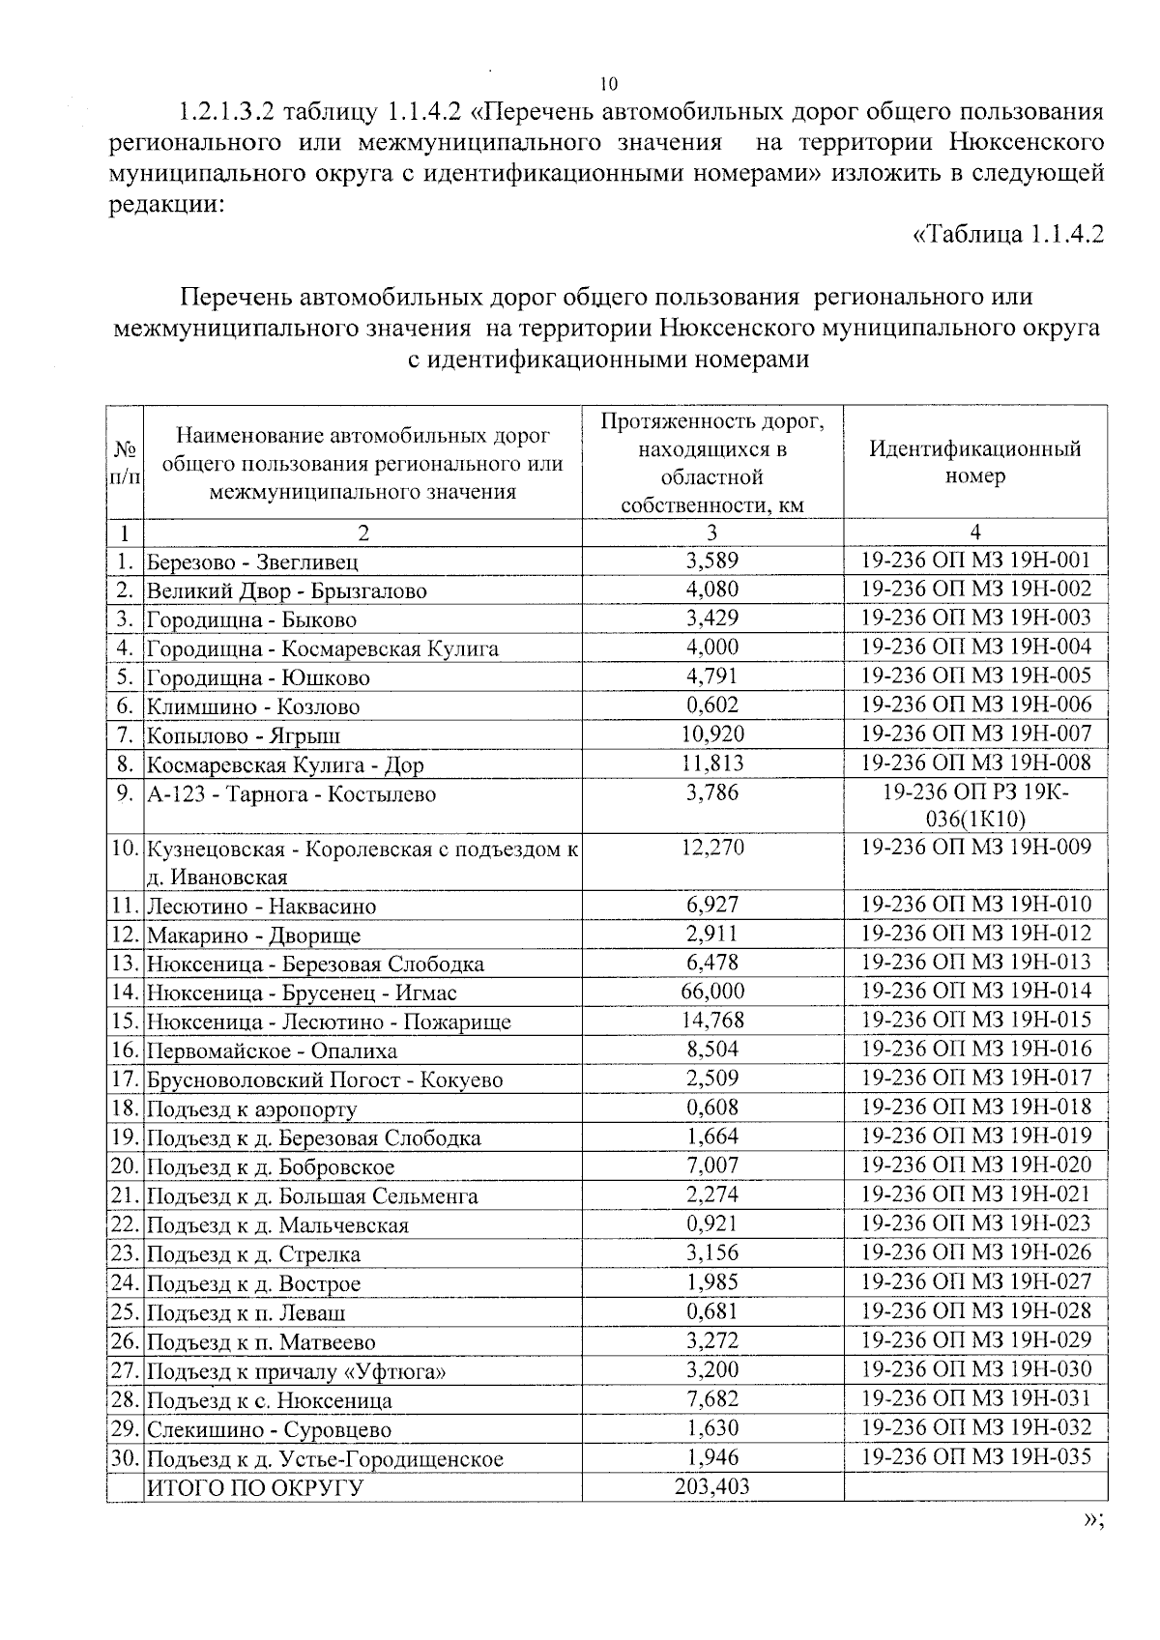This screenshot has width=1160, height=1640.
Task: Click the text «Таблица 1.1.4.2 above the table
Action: (1007, 235)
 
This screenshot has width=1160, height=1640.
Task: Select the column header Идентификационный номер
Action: (974, 462)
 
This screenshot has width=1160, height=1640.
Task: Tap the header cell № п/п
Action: (125, 464)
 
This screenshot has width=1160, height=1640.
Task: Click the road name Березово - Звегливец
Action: (252, 561)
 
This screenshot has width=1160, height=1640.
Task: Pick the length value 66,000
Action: (711, 991)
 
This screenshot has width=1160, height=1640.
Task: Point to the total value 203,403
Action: (711, 1486)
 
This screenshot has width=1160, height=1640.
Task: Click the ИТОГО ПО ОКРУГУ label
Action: (253, 1487)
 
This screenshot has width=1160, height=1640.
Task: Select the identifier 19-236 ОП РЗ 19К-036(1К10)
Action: (974, 805)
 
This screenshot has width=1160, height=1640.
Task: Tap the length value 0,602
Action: (711, 705)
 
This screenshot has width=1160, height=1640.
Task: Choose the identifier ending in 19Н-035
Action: (974, 1456)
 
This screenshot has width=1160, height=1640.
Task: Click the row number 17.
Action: (125, 1079)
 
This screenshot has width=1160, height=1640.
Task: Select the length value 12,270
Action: (711, 848)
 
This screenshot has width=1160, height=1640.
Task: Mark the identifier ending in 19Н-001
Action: (974, 560)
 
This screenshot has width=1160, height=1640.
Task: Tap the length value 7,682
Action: (711, 1398)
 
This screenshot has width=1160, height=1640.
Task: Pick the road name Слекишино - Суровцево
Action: (269, 1429)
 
